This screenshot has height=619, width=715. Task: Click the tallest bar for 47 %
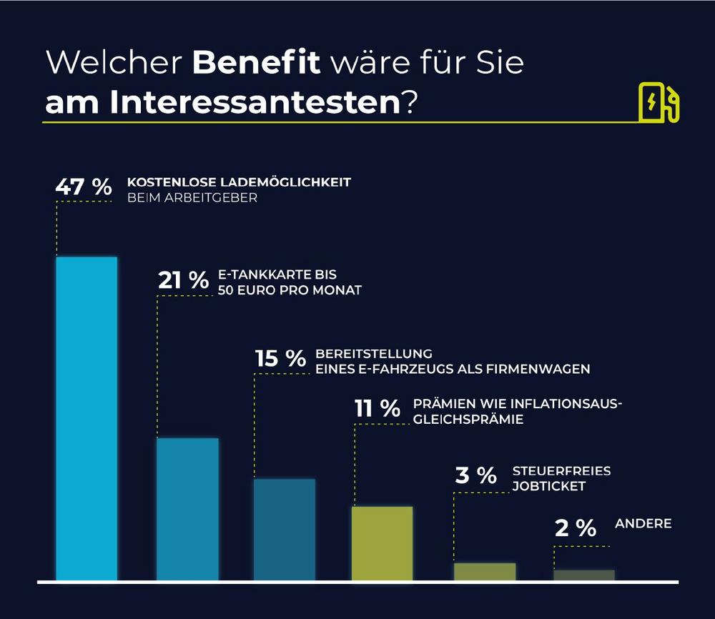tap(87, 418)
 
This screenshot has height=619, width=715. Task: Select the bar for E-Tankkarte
tap(187, 508)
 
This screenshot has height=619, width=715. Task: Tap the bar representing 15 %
tap(285, 529)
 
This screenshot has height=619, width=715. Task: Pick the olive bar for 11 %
tap(382, 543)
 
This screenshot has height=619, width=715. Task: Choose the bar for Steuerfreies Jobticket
tap(485, 571)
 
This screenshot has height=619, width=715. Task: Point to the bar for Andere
tap(584, 575)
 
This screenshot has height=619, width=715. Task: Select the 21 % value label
tap(183, 281)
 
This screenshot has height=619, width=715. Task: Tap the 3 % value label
tap(475, 475)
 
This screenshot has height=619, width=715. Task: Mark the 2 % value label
tap(575, 528)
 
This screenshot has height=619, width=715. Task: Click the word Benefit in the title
tap(256, 63)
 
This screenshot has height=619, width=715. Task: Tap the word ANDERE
tap(643, 524)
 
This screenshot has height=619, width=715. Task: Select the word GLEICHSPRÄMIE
tap(468, 420)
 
